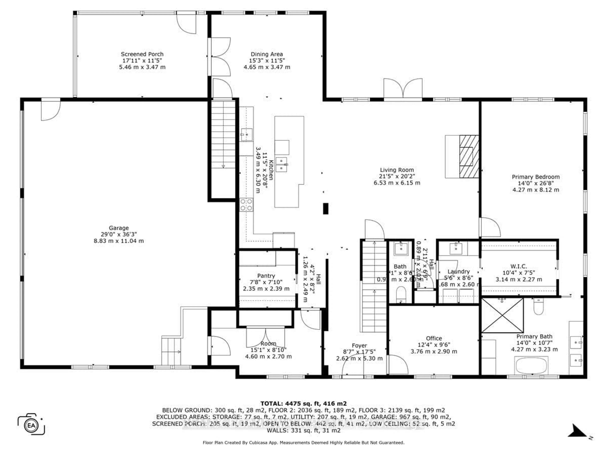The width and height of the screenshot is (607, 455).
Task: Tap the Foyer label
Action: [x=359, y=346]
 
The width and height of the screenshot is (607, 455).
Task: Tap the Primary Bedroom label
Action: [x=536, y=177]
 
